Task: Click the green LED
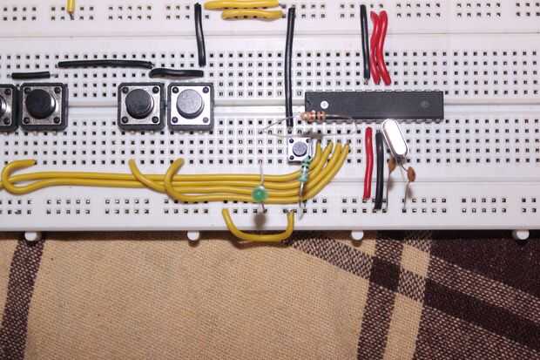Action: coord(259,194)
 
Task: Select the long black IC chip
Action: coord(374,105)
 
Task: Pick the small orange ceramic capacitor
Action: coord(410,173)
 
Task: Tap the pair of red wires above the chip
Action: coord(380,48)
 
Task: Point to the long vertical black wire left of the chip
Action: coord(289,65)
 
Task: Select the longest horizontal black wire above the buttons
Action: coord(105,64)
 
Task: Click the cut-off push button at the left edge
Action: coord(6,106)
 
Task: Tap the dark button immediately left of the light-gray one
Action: coord(139,105)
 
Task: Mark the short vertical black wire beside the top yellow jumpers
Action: coord(199,35)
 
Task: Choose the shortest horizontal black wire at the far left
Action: coord(30,76)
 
